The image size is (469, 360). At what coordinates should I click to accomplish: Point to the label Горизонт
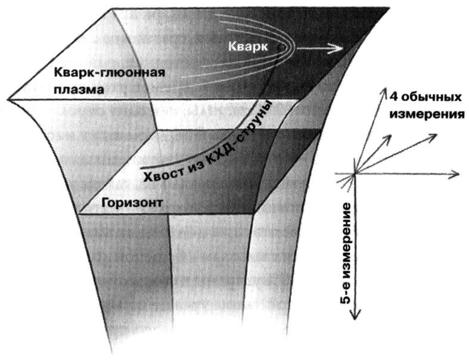pyautogui.click(x=132, y=202)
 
